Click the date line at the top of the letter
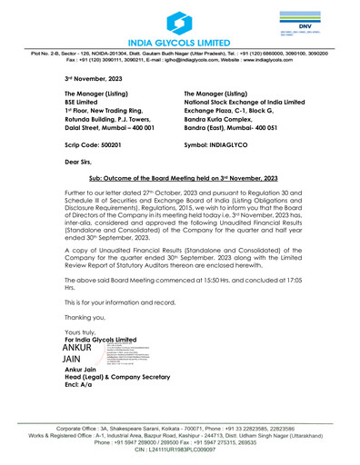pyautogui.click(x=85, y=79)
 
